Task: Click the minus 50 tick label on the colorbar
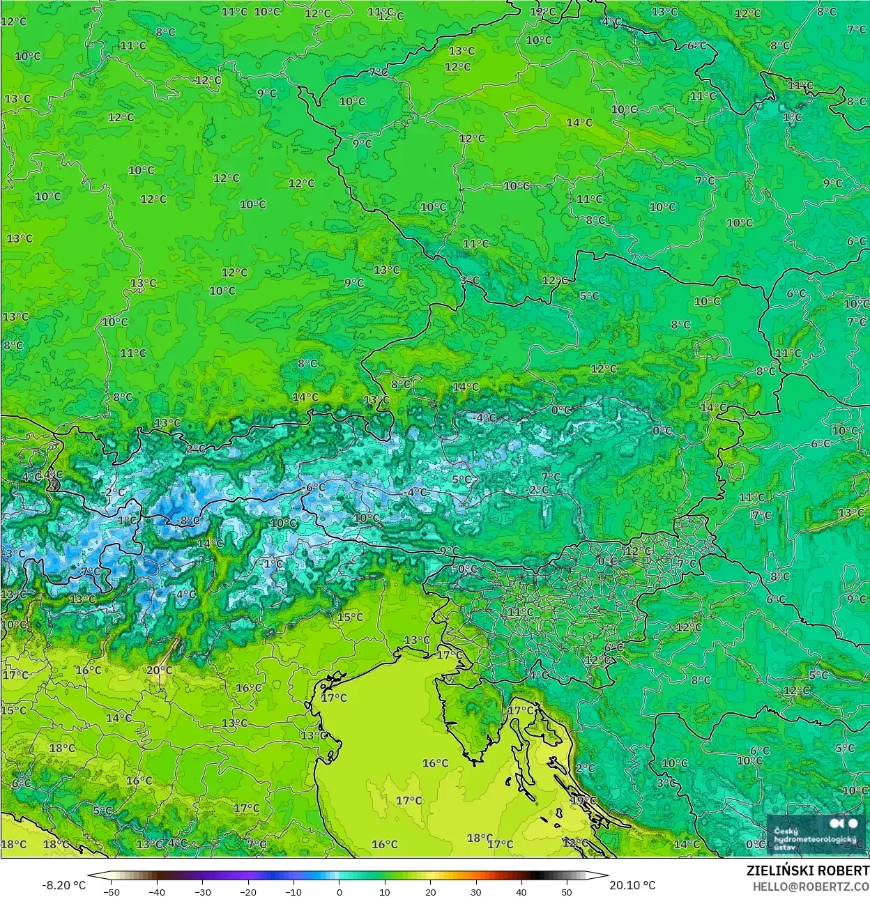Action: [111, 891]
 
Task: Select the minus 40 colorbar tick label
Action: [157, 891]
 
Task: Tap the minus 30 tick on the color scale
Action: [202, 891]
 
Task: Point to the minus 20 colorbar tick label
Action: [248, 891]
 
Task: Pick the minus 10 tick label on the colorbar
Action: [293, 891]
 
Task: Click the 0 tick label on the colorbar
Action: [339, 891]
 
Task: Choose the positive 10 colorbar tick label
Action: [385, 891]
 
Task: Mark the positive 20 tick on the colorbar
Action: [430, 891]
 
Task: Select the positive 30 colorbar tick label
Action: [476, 891]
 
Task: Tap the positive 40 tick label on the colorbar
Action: [521, 891]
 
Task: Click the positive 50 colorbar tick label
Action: [567, 891]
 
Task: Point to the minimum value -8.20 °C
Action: [64, 885]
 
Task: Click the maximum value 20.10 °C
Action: [632, 885]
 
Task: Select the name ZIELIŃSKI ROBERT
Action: [807, 871]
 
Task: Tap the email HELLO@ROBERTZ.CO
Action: [810, 886]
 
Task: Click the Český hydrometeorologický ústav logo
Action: [816, 834]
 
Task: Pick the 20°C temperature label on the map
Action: [159, 670]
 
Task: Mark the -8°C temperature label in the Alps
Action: [187, 520]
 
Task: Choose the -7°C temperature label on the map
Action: [89, 572]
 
